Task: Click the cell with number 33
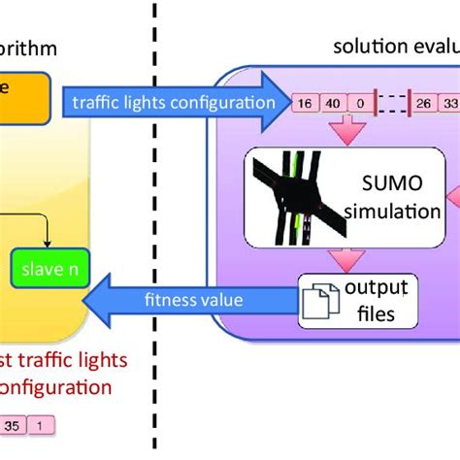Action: pyautogui.click(x=450, y=100)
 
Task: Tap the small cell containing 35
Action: pyautogui.click(x=12, y=424)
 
